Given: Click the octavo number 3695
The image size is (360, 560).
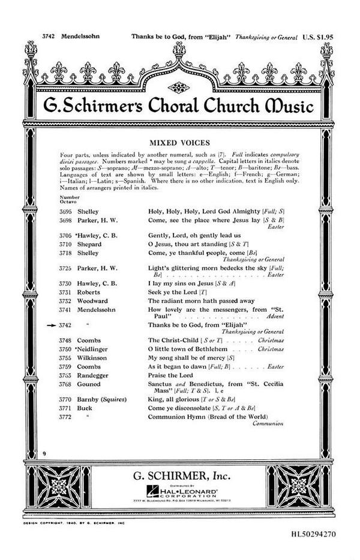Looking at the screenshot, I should (66, 212).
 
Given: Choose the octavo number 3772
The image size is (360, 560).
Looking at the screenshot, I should (66, 417).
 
